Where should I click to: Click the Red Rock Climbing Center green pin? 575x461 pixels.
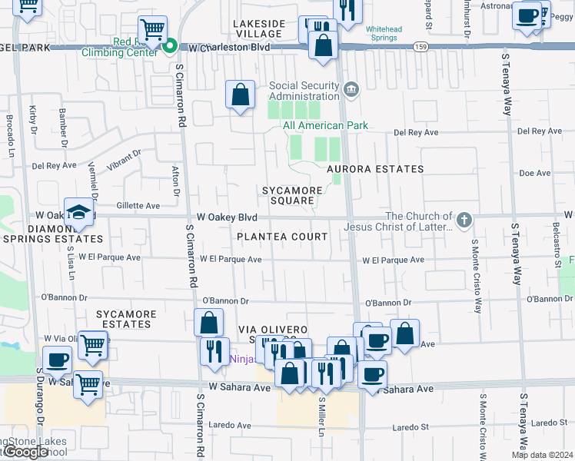170,48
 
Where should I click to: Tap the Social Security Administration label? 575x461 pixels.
304,91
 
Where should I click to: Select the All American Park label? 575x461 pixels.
325,125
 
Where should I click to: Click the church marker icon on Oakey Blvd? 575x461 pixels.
464,221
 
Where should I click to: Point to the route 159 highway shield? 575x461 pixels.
420,47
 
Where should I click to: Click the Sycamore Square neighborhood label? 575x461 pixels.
288,195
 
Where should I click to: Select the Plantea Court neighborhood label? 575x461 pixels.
282,237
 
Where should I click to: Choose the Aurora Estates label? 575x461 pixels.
374,169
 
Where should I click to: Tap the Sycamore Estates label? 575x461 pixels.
126,319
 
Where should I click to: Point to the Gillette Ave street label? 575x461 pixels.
138,206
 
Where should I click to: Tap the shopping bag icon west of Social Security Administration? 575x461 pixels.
241,96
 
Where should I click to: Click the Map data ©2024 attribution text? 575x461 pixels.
541,455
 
